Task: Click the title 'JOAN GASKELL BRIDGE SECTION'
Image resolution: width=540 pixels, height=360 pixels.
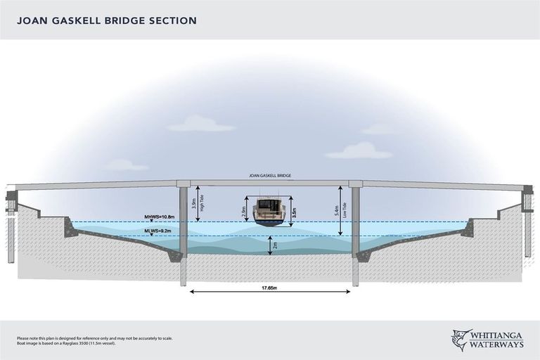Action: (107, 20)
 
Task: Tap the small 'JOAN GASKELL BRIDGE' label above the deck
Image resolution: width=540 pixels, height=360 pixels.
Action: (270, 176)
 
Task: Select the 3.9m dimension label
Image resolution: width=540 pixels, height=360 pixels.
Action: (193, 204)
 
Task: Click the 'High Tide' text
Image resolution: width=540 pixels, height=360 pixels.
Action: (202, 203)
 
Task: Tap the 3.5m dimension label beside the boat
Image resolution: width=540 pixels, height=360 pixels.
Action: (294, 211)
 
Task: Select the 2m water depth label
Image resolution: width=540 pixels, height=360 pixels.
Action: (275, 245)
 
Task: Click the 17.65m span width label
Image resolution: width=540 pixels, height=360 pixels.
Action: (270, 287)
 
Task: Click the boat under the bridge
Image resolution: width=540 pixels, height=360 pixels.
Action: (269, 212)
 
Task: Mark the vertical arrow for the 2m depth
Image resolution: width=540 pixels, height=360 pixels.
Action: (269, 245)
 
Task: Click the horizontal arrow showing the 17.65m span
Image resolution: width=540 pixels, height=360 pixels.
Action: (270, 292)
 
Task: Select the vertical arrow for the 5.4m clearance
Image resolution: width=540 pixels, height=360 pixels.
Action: (340, 210)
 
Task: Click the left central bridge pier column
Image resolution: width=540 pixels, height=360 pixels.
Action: (183, 232)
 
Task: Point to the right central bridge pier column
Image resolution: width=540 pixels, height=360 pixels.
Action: (356, 232)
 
